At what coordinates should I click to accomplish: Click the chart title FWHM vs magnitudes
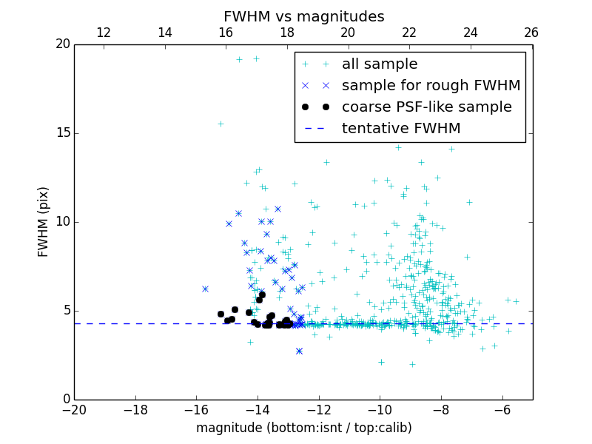303,16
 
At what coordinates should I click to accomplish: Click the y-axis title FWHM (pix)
44,221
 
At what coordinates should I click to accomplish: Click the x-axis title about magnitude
303,428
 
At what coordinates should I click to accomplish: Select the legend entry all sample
380,64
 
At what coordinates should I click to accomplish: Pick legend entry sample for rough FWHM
431,86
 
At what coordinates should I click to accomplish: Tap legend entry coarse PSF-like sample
426,107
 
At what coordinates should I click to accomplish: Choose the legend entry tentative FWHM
401,129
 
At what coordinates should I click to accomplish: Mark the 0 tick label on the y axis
66,400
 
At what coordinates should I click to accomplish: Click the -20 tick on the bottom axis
74,410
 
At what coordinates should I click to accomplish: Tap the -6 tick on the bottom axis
502,410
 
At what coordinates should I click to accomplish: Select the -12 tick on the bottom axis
319,410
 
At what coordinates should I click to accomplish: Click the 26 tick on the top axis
531,33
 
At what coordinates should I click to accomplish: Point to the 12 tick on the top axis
104,33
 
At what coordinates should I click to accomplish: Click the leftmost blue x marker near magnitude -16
205,289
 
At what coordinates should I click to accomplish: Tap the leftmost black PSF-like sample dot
221,314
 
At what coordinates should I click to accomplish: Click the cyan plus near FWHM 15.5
221,124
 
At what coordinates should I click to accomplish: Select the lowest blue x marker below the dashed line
299,351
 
